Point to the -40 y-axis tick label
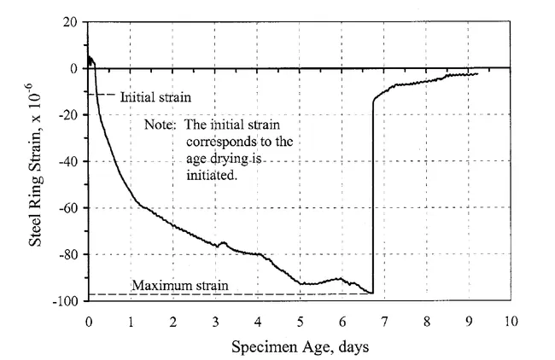[67, 161]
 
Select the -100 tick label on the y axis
[65, 301]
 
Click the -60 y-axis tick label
[67, 208]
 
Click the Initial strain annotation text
[155, 96]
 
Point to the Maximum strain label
[180, 285]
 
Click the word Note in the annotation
[160, 125]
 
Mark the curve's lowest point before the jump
[371, 293]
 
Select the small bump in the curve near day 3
[224, 242]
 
